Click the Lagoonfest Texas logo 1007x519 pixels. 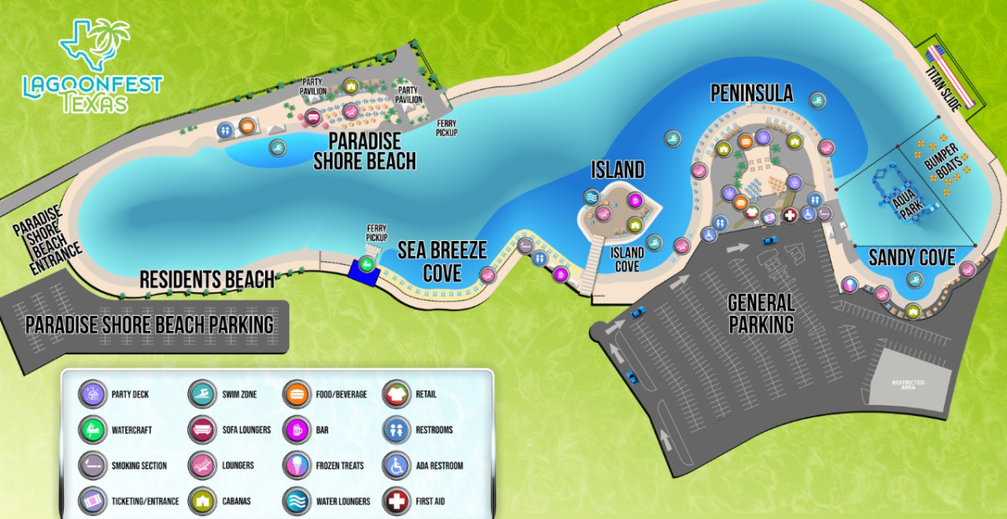click(x=92, y=67)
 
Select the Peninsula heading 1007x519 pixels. click(x=751, y=93)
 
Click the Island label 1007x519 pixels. click(x=618, y=170)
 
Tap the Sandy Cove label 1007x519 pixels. click(x=911, y=258)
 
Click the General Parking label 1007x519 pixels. click(x=761, y=312)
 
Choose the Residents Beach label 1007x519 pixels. click(x=206, y=280)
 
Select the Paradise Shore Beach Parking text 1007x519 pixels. click(x=149, y=324)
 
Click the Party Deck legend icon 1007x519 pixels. click(x=91, y=394)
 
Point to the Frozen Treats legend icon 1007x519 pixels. click(x=297, y=465)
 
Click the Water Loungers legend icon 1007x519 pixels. click(x=297, y=501)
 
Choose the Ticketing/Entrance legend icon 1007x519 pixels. click(x=91, y=501)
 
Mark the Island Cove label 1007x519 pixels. click(x=627, y=259)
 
